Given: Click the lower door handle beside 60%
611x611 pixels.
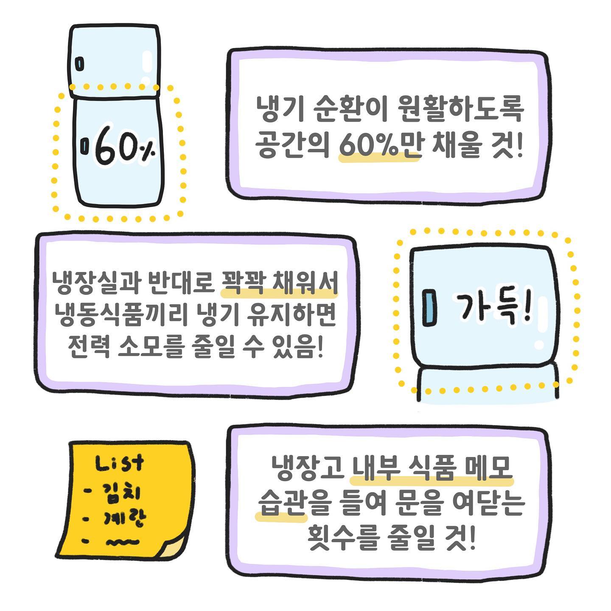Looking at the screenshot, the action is (x=84, y=146).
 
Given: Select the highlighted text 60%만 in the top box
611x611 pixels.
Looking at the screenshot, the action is (x=380, y=146).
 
